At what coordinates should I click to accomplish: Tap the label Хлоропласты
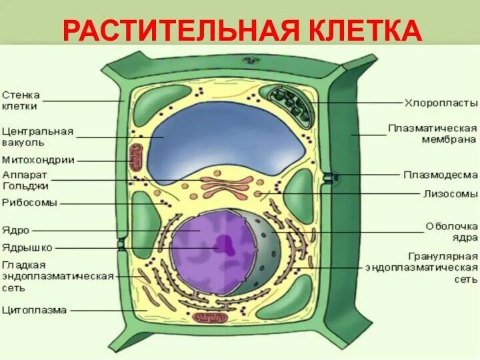coord(441,103)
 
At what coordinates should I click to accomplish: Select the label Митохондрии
coord(38,159)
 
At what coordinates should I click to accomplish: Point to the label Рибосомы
coord(29,202)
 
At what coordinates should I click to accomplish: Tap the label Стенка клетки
coord(20,99)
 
